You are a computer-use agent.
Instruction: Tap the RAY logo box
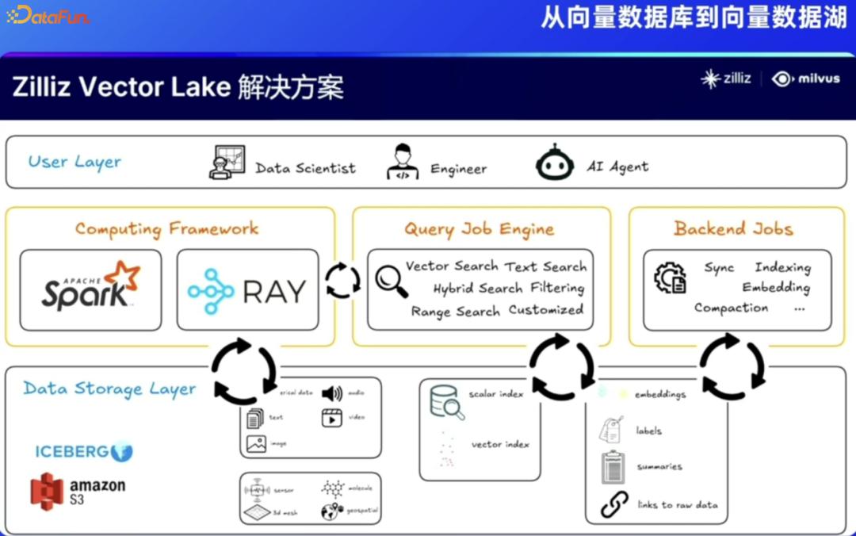(x=247, y=290)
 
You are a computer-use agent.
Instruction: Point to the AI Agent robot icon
(x=554, y=164)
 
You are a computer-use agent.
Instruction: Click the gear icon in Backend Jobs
(x=670, y=278)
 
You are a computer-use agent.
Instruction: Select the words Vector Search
(x=452, y=266)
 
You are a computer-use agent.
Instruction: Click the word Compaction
(x=731, y=308)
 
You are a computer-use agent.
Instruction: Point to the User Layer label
(x=75, y=162)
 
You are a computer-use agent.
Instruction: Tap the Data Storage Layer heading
(x=109, y=389)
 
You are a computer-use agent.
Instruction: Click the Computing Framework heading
(x=167, y=228)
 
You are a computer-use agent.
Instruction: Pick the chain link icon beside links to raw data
(x=614, y=504)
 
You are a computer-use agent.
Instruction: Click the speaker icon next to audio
(x=331, y=393)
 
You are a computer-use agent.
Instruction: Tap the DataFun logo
(x=48, y=15)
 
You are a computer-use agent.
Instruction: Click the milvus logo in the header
(x=806, y=78)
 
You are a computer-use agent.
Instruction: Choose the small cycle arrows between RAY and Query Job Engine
(x=343, y=281)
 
